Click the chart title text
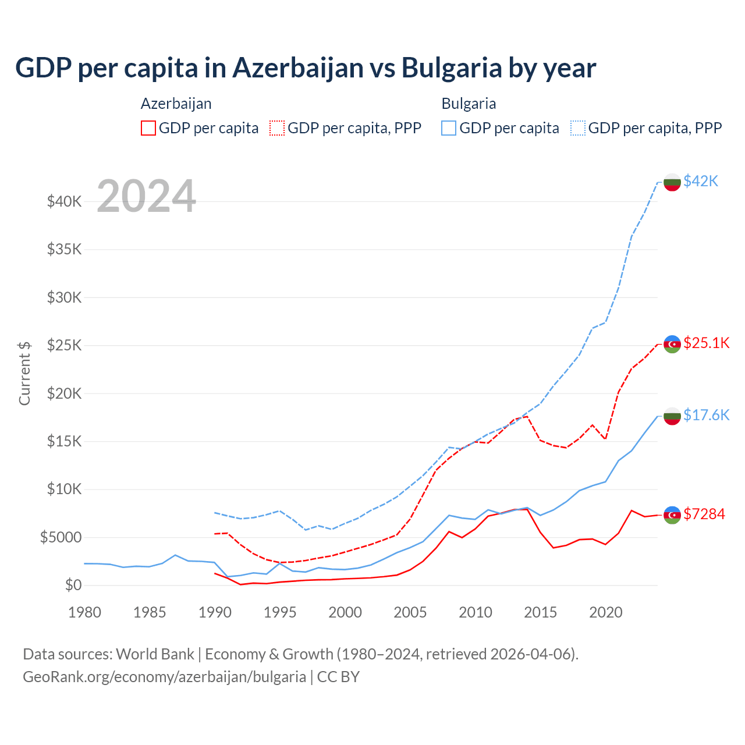pos(306,68)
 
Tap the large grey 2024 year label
pos(146,196)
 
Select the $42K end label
pos(701,181)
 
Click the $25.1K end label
pos(706,343)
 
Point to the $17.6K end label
pos(706,415)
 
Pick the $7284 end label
pos(704,514)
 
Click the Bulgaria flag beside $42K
pos(672,182)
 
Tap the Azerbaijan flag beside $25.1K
pos(672,344)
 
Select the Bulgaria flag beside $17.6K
pos(672,416)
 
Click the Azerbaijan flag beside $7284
pos(672,515)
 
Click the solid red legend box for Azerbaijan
pos(148,128)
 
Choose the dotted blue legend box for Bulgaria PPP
pos(578,128)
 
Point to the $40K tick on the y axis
pos(65,202)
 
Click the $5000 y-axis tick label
pos(61,537)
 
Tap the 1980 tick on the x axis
pos(85,612)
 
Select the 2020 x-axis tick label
pos(606,612)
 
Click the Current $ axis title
pos(24,373)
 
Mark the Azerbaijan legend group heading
pos(176,104)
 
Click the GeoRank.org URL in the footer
pos(164,677)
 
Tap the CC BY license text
pos(338,677)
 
